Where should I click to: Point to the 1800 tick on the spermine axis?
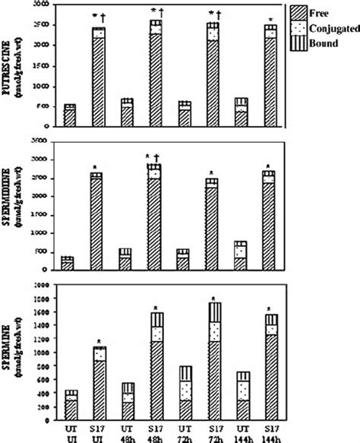pos(46,298)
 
